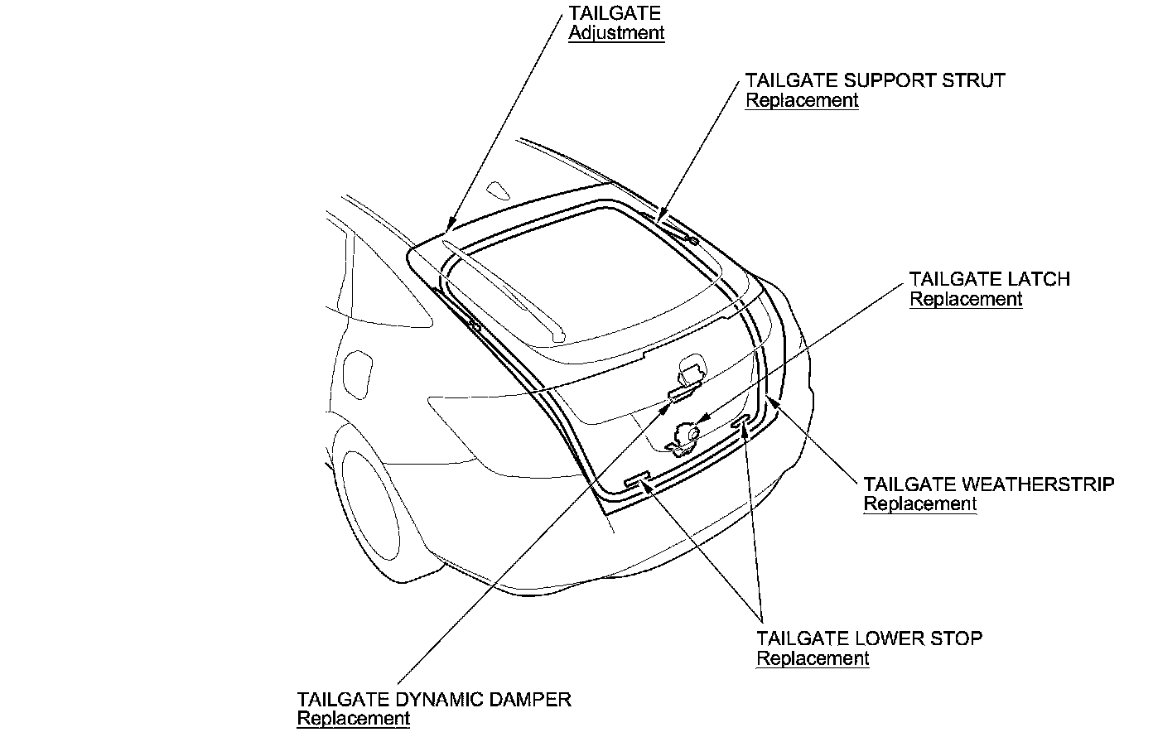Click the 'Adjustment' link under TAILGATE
[x=616, y=33]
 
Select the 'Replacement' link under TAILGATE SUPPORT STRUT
[x=802, y=100]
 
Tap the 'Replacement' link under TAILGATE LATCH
[x=966, y=299]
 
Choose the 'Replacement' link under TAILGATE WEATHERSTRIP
[x=920, y=503]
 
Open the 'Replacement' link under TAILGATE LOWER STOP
[x=813, y=658]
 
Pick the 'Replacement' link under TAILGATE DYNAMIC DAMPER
[x=353, y=718]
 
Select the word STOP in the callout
[x=958, y=638]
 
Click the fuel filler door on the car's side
[x=359, y=374]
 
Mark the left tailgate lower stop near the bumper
[x=636, y=479]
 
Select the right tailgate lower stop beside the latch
[x=741, y=421]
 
